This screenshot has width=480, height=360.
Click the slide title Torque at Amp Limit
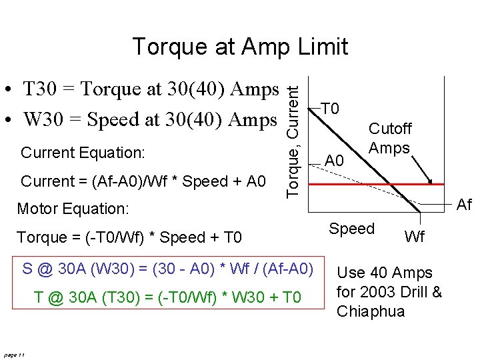[240, 47]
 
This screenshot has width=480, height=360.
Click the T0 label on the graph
[330, 109]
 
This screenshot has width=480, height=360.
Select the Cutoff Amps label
[390, 139]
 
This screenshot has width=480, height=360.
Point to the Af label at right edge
[464, 205]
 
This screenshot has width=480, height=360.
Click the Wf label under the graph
[414, 237]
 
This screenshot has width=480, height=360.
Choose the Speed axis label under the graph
[351, 229]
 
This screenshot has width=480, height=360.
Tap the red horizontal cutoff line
[373, 183]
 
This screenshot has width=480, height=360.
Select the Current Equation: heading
[83, 153]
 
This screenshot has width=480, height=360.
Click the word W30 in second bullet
[41, 120]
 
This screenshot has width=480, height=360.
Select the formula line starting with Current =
[143, 181]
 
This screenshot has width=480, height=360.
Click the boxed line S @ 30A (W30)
[167, 269]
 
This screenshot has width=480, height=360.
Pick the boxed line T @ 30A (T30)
[167, 297]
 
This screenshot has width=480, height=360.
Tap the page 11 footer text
[13, 355]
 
